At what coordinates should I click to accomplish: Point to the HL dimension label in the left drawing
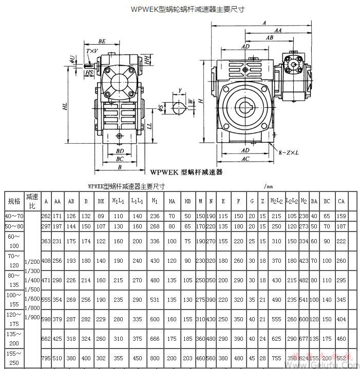pos(65,106)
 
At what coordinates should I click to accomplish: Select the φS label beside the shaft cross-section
pos(161,108)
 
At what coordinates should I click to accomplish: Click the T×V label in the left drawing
pos(92,51)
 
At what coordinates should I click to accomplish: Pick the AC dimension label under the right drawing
pos(245,159)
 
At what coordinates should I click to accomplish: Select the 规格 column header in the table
pos(14,201)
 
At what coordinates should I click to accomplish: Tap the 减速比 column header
pos(32,201)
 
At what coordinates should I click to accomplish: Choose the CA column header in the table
pos(341,201)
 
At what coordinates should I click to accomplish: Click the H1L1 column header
pos(118,201)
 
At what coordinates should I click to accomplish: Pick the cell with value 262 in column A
pos(46,216)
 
